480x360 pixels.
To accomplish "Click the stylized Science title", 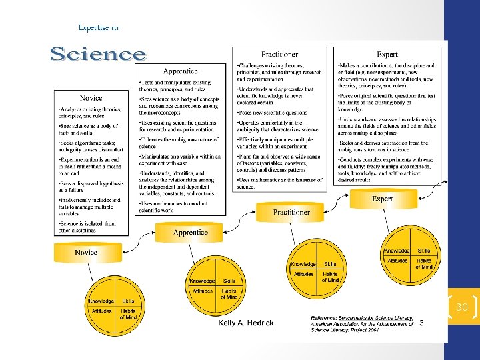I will pos(98,54).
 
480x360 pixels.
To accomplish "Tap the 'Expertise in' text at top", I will pos(98,27).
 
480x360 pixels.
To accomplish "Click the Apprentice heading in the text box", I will pos(180,71).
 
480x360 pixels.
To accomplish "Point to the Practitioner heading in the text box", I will pos(279,54).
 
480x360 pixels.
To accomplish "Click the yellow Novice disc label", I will pos(86,253).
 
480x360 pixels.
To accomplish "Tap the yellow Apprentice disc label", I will pos(190,233).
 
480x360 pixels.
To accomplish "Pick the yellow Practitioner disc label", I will pos(291,212).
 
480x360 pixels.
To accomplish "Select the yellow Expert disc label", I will pos(382,199).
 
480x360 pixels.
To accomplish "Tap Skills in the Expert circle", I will pos(424,251).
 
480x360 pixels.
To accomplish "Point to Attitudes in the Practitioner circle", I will pos(303,274).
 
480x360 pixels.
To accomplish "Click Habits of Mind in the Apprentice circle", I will pos(229,293).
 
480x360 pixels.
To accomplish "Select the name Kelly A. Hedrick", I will pos(246,323).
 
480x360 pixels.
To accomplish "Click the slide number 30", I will pos(462,307).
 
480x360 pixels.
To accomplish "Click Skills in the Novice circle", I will pos(127,301).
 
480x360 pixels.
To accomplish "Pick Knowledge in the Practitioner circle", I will pos(303,265).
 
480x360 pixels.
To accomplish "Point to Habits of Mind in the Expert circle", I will pos(424,263).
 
